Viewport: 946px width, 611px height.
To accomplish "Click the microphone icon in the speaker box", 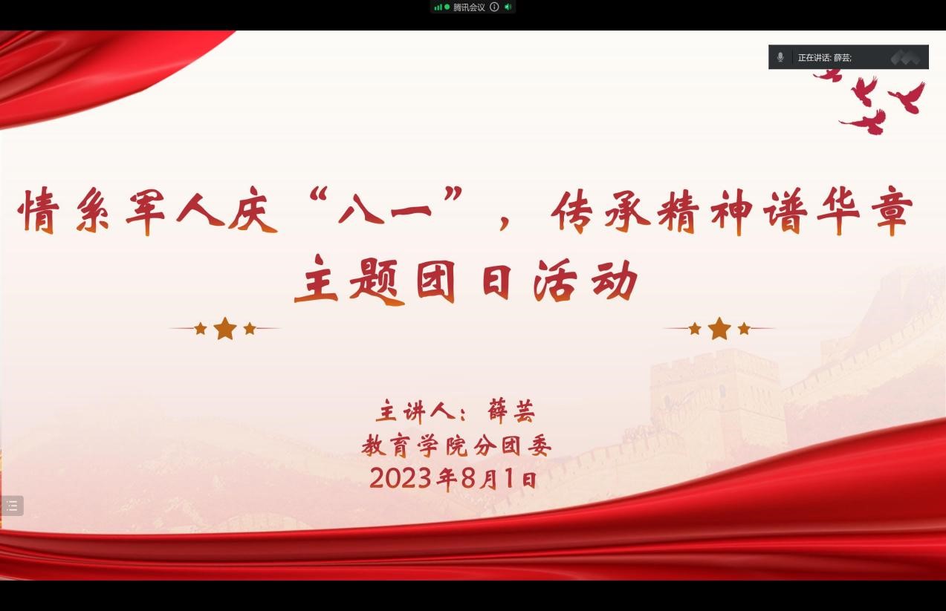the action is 780,57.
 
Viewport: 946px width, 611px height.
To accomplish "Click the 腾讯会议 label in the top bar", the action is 469,7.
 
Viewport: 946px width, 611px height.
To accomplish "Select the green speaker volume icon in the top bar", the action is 508,7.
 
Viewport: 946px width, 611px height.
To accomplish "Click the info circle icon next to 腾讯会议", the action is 494,7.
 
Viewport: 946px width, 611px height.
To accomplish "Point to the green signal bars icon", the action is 438,7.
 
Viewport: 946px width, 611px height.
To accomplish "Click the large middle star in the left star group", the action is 225,328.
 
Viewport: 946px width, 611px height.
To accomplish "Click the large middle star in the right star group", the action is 719,328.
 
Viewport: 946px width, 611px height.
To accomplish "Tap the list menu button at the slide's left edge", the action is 12,505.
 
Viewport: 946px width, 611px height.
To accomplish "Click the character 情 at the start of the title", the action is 39,210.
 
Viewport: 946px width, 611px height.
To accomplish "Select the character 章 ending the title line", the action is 892,210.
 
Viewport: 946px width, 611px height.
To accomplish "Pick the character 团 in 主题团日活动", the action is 436,281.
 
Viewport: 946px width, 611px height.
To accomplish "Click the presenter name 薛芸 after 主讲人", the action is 511,411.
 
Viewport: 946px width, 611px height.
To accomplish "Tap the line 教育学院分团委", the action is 456,445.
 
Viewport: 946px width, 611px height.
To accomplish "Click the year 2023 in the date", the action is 401,478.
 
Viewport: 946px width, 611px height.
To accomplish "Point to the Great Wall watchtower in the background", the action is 716,401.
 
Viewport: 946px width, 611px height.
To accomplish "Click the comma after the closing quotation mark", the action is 504,221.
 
